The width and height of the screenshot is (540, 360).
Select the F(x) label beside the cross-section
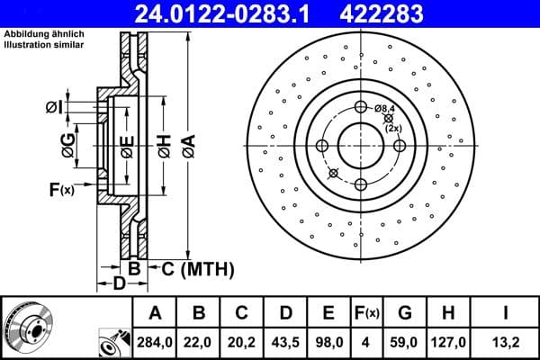(61, 189)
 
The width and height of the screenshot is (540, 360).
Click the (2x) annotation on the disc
(393, 128)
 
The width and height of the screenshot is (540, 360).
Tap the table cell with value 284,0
(155, 342)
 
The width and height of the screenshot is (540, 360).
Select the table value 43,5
(284, 342)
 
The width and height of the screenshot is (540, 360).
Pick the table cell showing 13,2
(506, 342)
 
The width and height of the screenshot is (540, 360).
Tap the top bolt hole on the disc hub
(361, 108)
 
